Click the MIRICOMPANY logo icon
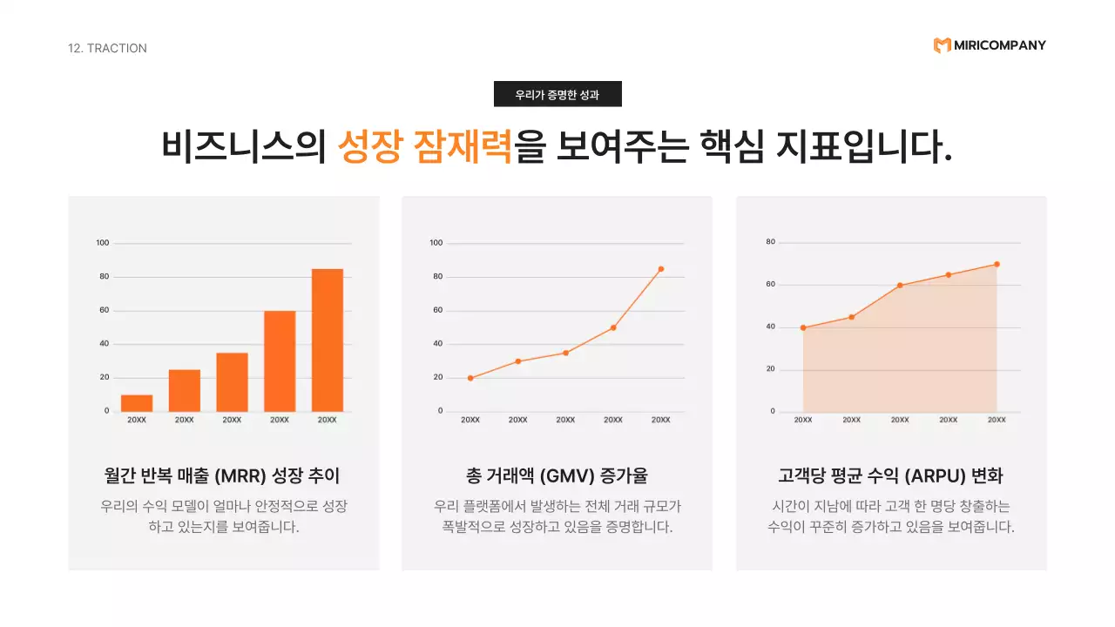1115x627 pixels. click(942, 45)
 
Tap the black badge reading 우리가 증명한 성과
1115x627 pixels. click(557, 94)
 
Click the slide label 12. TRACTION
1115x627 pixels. click(107, 48)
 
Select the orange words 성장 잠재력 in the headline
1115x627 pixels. click(424, 146)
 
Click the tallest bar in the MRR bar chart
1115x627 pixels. click(327, 340)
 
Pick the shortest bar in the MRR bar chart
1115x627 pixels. click(137, 402)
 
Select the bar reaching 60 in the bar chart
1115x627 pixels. click(280, 361)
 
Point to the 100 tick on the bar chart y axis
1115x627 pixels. click(103, 243)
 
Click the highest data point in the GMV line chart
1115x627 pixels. click(661, 269)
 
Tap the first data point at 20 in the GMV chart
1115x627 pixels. click(470, 378)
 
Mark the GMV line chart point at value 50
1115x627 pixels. click(613, 327)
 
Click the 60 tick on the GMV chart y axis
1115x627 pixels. click(436, 310)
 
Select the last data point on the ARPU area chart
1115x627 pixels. click(997, 264)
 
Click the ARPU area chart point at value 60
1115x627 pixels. click(900, 286)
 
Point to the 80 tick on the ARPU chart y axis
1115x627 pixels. click(770, 242)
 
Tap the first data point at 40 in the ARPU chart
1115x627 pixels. click(803, 327)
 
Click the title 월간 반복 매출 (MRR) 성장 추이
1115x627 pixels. click(222, 476)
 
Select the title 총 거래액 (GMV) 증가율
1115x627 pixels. click(557, 476)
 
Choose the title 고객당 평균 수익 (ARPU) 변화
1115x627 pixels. click(890, 476)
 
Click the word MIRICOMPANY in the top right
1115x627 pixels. click(1000, 45)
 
